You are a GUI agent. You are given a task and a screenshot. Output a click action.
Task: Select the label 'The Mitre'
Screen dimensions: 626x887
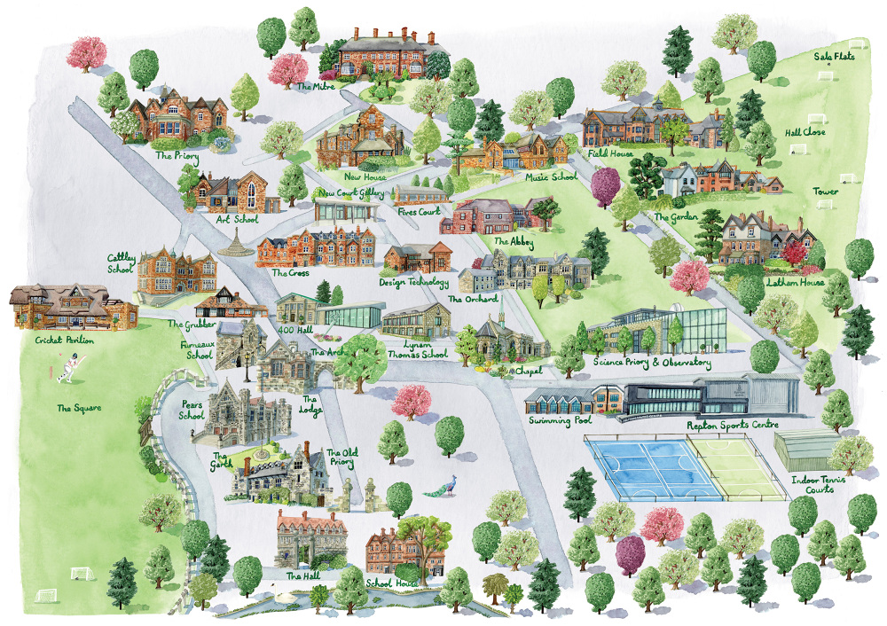[315, 87]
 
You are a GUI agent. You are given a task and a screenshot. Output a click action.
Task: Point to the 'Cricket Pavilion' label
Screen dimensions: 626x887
[65, 340]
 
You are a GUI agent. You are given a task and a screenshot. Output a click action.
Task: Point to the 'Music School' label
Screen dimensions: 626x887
[551, 177]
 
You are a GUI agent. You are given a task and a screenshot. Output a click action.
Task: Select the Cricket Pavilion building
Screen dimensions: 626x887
[71, 308]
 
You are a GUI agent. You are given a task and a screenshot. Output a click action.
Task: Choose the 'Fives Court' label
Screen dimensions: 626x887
[420, 212]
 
